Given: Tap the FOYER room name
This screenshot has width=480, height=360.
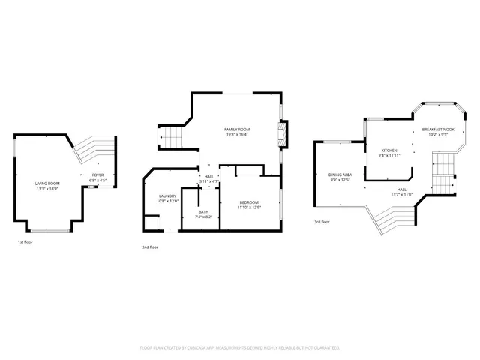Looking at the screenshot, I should coord(98,176).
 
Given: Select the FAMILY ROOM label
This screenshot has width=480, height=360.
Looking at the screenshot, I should coord(237,130).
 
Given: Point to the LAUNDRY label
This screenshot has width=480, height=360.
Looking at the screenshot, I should coord(166,196).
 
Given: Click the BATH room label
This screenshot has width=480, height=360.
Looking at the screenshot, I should coord(204,212).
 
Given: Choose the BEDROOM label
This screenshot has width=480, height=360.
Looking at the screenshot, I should coord(249,202).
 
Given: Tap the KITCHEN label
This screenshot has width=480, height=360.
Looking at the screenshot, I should coord(389,151).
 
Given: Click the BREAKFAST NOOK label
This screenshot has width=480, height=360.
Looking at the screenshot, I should coord(438,130).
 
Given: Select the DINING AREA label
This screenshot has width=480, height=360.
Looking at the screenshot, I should coord(340,175).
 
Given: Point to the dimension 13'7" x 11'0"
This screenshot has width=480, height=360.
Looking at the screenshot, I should coord(403,194).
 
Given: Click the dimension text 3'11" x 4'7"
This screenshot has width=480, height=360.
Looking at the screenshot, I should coord(209,181).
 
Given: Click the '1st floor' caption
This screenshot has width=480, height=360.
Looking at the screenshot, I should coord(25,242).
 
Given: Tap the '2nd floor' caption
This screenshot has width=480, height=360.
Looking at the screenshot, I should coord(150,247).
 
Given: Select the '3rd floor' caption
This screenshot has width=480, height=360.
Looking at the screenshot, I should coord(322,222).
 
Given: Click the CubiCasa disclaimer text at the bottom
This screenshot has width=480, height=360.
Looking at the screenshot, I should coord(240,348).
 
